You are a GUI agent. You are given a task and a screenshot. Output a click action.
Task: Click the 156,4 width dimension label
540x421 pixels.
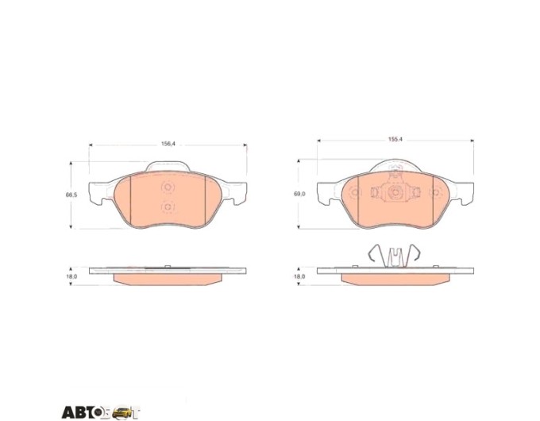[168, 144]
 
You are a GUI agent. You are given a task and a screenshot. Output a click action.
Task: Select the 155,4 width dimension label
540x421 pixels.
[395, 140]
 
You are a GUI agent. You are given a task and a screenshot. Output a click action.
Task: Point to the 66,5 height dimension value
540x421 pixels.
[71, 195]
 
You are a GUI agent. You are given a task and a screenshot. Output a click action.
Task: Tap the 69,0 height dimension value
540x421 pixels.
[299, 194]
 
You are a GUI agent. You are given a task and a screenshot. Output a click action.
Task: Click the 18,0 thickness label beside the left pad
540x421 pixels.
[71, 276]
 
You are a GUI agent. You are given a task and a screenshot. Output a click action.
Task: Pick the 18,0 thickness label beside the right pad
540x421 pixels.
[299, 276]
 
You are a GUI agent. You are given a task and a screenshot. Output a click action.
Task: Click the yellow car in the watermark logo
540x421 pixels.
[122, 412]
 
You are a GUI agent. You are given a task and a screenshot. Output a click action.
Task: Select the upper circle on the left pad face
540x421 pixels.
[168, 187]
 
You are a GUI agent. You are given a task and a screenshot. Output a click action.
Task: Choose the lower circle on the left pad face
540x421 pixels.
[168, 207]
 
